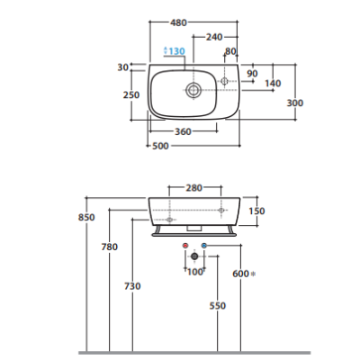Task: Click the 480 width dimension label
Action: tap(178, 22)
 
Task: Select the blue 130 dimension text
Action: tap(176, 51)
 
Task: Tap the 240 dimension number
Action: tap(214, 37)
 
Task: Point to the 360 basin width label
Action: tap(183, 131)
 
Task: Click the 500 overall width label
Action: tap(160, 146)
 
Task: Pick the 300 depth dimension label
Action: tap(295, 103)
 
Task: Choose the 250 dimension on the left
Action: tap(131, 94)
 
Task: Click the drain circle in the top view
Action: tap(193, 90)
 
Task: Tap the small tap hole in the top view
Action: tap(224, 81)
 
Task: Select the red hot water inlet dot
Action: tap(185, 246)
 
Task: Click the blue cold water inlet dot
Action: tap(204, 246)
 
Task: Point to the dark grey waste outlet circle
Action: tap(194, 256)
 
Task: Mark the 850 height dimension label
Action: tap(86, 217)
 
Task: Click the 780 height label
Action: tap(110, 247)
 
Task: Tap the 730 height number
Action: tap(132, 286)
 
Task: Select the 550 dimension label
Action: tap(218, 306)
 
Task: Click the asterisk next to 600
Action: tap(253, 274)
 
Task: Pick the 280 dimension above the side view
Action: tap(194, 188)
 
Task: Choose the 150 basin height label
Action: tap(256, 211)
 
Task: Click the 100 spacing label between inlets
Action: tap(195, 272)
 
